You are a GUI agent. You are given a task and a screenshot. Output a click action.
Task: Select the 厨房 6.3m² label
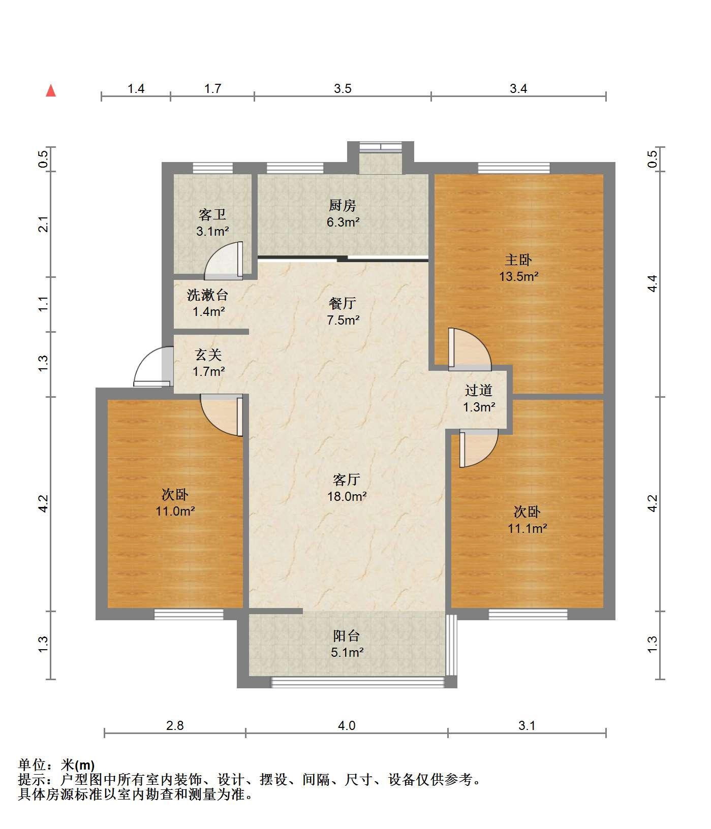[x=343, y=213]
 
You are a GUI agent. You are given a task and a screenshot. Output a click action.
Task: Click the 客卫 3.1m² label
[x=212, y=223]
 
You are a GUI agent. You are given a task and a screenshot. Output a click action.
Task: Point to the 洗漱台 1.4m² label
[x=208, y=303]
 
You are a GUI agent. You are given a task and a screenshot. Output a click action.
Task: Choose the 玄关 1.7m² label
[x=208, y=363]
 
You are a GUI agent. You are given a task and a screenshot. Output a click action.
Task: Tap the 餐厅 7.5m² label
[x=343, y=311]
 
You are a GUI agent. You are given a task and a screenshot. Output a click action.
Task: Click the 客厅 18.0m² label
[x=347, y=488]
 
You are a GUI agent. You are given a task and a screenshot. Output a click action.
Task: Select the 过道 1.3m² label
[x=479, y=398]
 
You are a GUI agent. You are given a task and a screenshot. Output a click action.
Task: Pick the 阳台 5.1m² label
[x=347, y=644]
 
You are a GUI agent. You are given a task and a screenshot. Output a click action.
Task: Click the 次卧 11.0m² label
[x=175, y=502]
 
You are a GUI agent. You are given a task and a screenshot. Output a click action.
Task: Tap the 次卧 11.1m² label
[x=527, y=520]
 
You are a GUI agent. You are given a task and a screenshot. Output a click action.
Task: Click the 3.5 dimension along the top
[x=343, y=89]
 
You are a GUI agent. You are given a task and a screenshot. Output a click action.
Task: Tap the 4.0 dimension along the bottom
[x=347, y=725]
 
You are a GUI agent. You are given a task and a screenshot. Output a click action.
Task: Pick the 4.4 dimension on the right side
[x=653, y=283]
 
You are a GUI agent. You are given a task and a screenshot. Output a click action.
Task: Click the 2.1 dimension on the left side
[x=44, y=224]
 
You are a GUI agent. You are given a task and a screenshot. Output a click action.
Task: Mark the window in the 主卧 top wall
[x=514, y=168]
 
